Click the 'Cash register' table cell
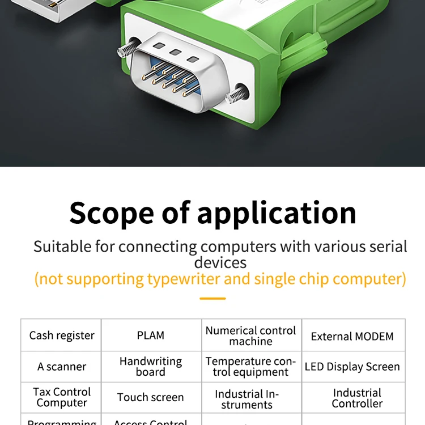pyautogui.click(x=62, y=335)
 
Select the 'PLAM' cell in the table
pyautogui.click(x=151, y=335)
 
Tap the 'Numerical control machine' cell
pyautogui.click(x=251, y=335)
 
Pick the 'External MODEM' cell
pyautogui.click(x=352, y=336)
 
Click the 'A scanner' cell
pyautogui.click(x=62, y=367)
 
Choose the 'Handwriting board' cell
pyautogui.click(x=151, y=367)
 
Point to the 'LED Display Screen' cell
pyautogui.click(x=352, y=367)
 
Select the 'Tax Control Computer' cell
pyautogui.click(x=62, y=397)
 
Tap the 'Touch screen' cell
pyautogui.click(x=151, y=397)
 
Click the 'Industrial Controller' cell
pyautogui.click(x=357, y=398)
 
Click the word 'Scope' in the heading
pyautogui.click(x=110, y=213)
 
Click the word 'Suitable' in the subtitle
pyautogui.click(x=62, y=247)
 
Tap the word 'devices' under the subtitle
pyautogui.click(x=220, y=262)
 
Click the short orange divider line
pyautogui.click(x=212, y=298)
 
